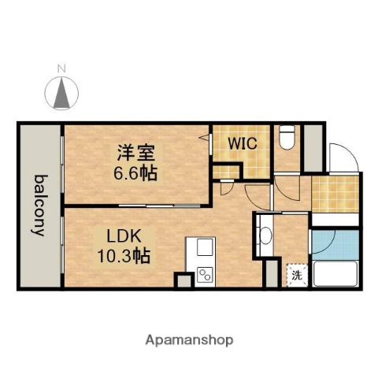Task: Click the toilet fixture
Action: click(x=286, y=139)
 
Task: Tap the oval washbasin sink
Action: click(x=265, y=235)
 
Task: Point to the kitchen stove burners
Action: click(x=204, y=275)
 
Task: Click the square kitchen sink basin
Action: click(x=204, y=249)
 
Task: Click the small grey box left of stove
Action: click(x=183, y=280)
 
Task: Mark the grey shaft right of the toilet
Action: click(x=313, y=147)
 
